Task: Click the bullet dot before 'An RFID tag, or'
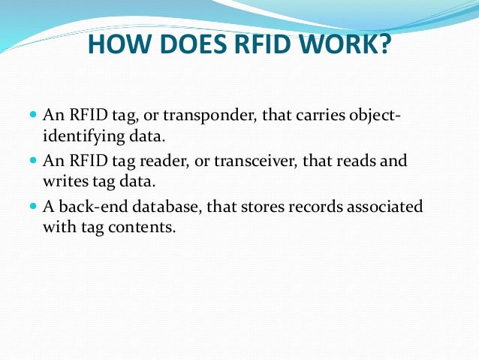pyautogui.click(x=33, y=116)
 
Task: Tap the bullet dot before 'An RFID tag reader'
pyautogui.click(x=33, y=161)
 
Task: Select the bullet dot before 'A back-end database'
pyautogui.click(x=33, y=206)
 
